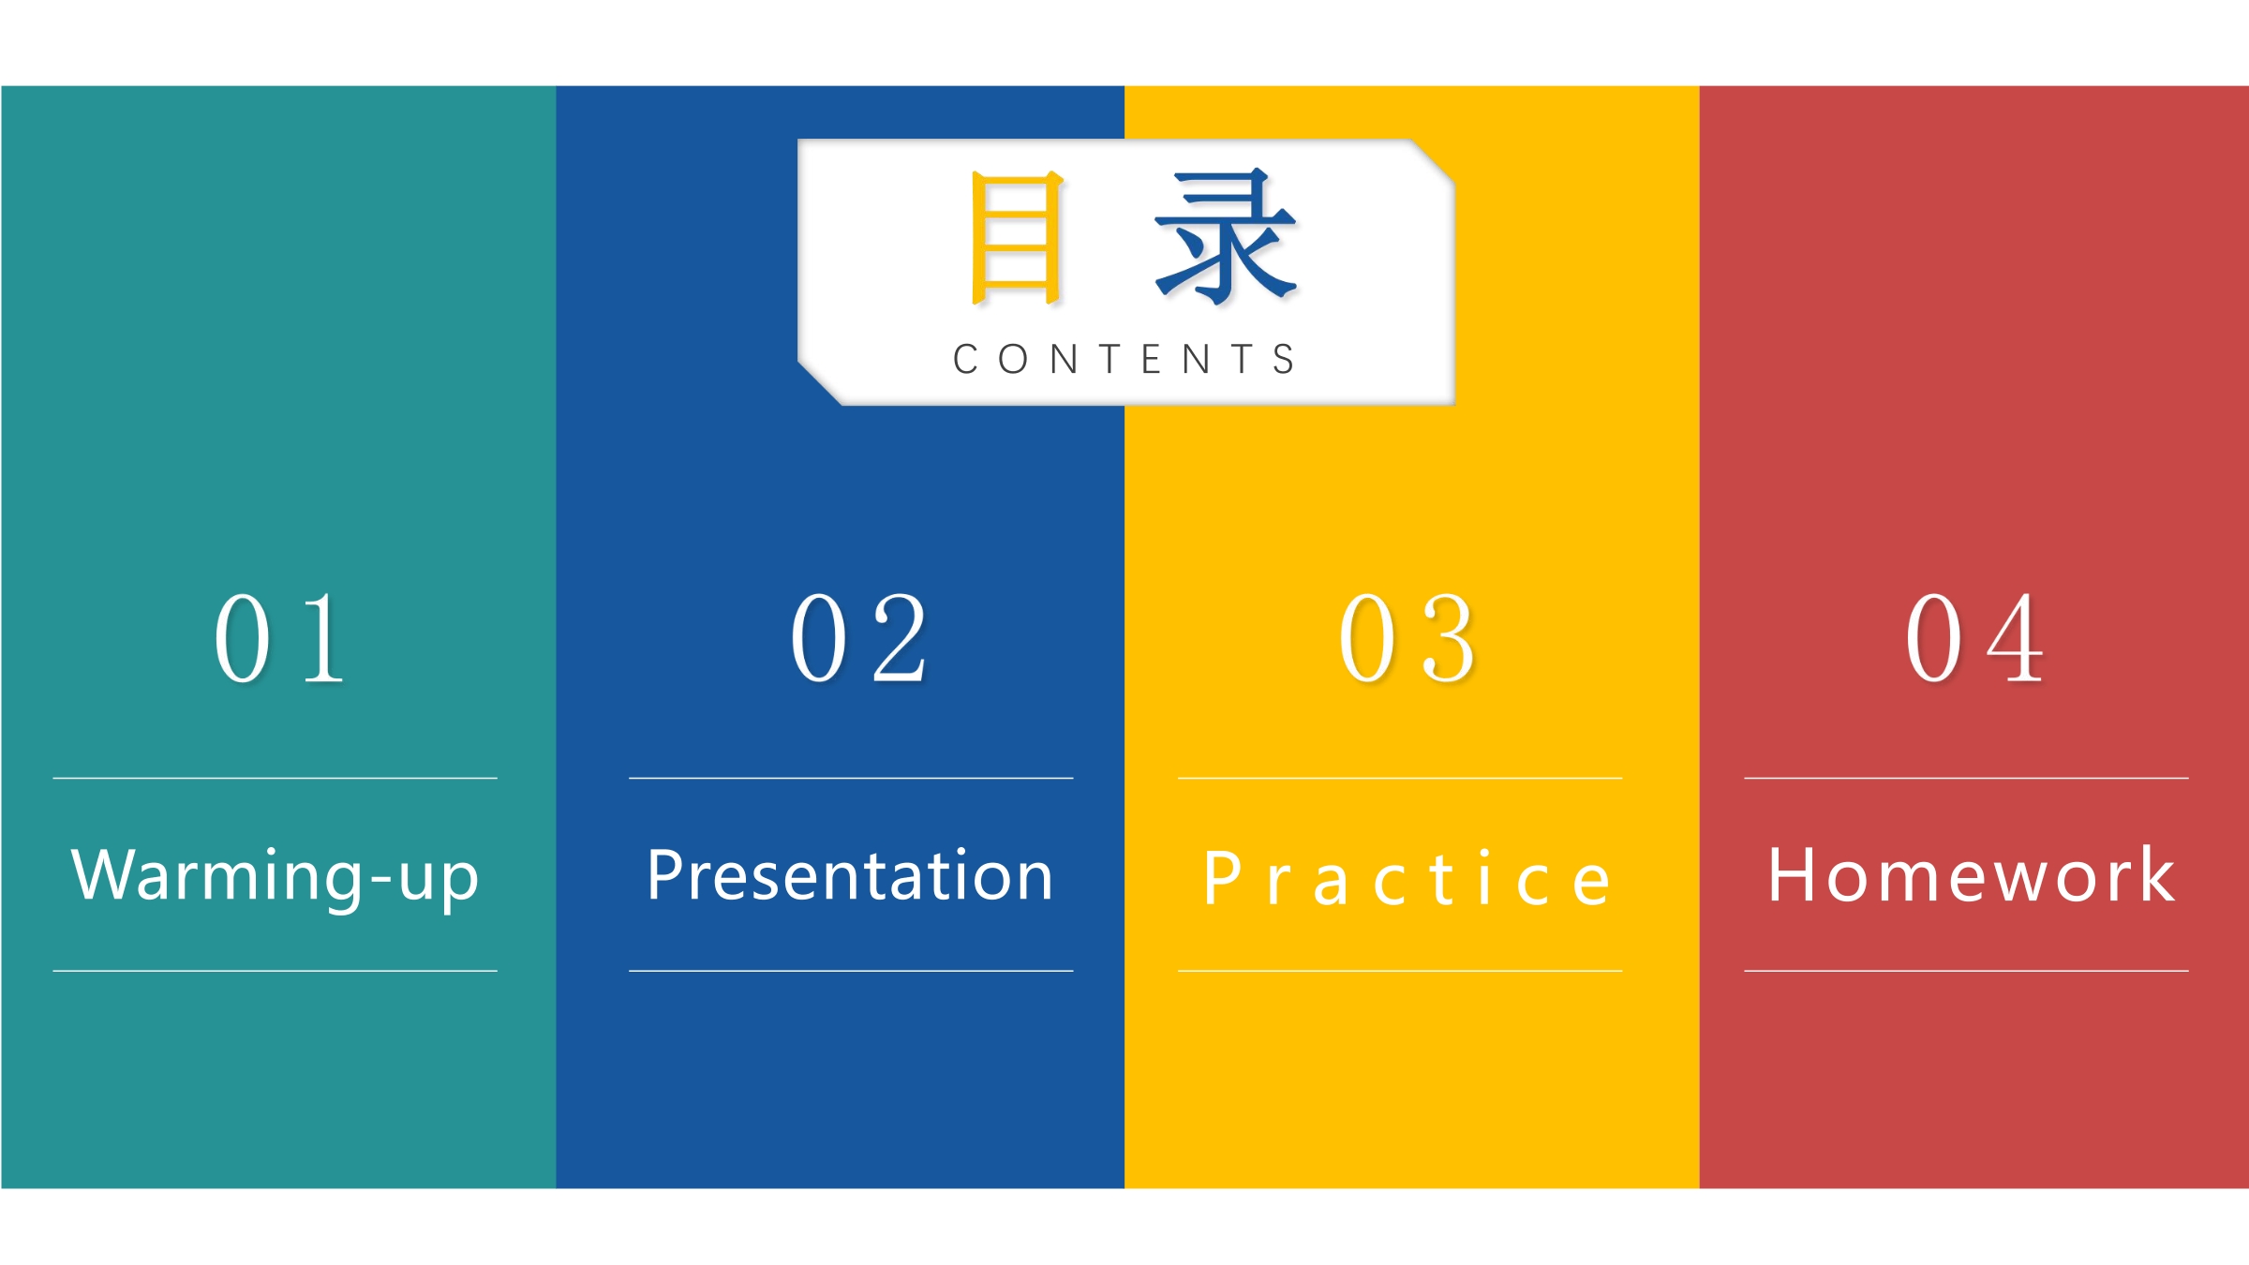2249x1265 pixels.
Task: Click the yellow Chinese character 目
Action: [x=1017, y=238]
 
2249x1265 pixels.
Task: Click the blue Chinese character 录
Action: [x=1226, y=236]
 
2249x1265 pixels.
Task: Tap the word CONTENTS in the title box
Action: [x=1124, y=359]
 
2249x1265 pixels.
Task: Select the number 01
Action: [x=279, y=639]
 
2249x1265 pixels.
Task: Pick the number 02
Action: [x=859, y=639]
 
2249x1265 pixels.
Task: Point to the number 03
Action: [x=1407, y=639]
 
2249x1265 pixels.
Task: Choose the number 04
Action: [x=1974, y=639]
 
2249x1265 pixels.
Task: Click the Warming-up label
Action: [x=276, y=876]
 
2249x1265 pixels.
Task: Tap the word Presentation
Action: [x=851, y=874]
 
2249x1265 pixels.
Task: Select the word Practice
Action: [x=1407, y=878]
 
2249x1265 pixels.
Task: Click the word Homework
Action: [x=1971, y=874]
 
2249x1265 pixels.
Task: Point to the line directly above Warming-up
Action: [x=276, y=778]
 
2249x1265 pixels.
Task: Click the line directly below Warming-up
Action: [x=276, y=971]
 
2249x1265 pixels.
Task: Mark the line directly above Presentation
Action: [x=851, y=778]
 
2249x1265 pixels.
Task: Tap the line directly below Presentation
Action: [x=851, y=971]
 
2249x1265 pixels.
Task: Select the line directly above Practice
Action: [x=1400, y=778]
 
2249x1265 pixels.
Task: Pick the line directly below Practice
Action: [x=1400, y=971]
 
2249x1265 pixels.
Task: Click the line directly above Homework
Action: [x=1966, y=778]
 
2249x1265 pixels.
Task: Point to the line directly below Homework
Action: [x=1966, y=971]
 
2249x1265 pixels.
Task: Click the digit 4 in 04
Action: [x=2015, y=639]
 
